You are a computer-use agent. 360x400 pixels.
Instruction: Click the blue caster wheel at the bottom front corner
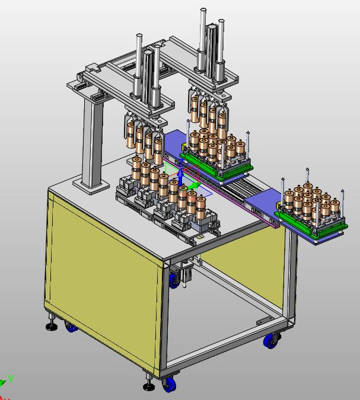tap(170, 385)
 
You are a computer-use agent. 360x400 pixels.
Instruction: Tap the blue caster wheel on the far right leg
tap(270, 341)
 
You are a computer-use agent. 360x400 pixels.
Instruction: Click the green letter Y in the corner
tap(11, 379)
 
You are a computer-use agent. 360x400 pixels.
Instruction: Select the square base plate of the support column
tap(91, 185)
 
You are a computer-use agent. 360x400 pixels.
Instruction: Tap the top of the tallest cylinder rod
tap(203, 10)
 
